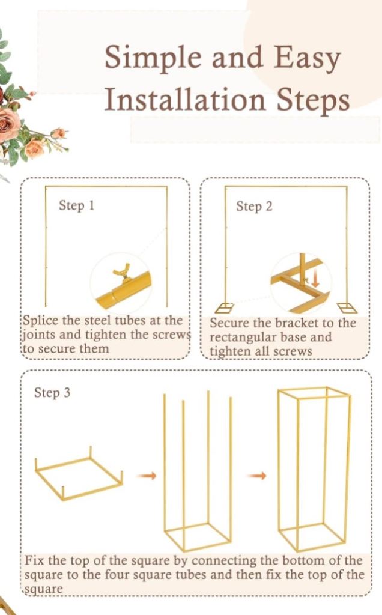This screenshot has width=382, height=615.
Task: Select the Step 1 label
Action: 76,205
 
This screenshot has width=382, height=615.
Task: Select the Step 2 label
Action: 254,207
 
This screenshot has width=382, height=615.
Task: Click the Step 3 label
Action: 52,393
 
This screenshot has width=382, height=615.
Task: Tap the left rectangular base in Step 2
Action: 226,308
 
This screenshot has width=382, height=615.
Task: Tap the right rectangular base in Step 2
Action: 347,308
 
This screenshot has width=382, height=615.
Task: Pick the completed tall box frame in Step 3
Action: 314,468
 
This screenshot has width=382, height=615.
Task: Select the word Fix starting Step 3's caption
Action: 33,561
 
